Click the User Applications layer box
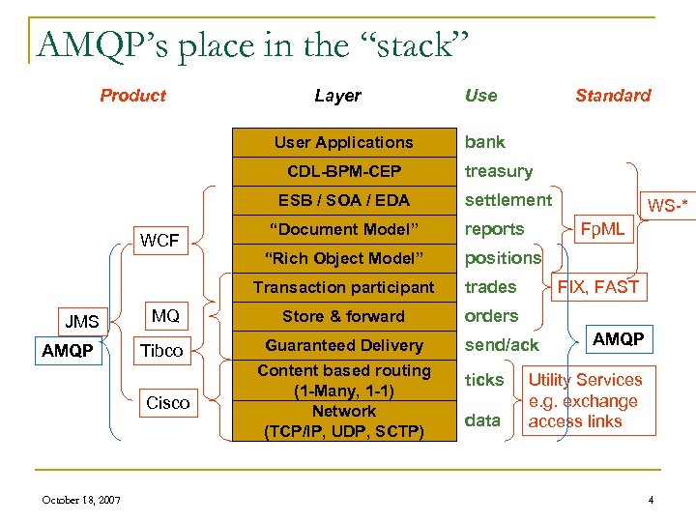343,142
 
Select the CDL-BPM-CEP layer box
343,171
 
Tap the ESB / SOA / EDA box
343,200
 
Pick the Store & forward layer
343,316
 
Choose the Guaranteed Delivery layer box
343,345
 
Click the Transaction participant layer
343,287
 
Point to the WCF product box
161,241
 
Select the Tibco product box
161,350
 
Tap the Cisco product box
167,402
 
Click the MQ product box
165,316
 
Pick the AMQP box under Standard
618,339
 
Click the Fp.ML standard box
600,229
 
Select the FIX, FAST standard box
597,286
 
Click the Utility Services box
587,400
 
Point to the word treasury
499,171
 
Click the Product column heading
132,95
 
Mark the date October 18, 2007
81,499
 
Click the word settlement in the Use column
508,200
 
